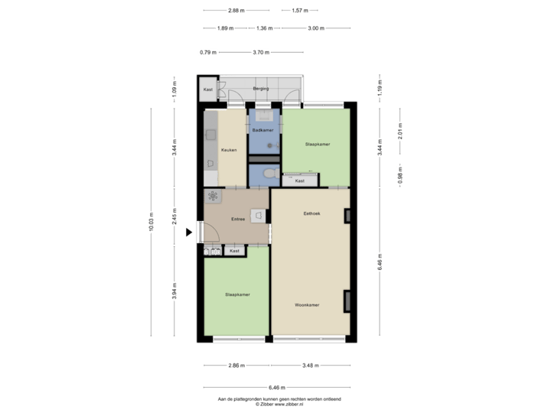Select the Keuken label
tap(228, 150)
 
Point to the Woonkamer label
tap(307, 305)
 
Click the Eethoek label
tap(311, 213)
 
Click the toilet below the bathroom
tap(266, 175)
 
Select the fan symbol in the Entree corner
tap(212, 196)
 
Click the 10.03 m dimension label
tap(151, 222)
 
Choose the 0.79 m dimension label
tap(207, 52)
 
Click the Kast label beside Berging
tap(207, 89)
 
